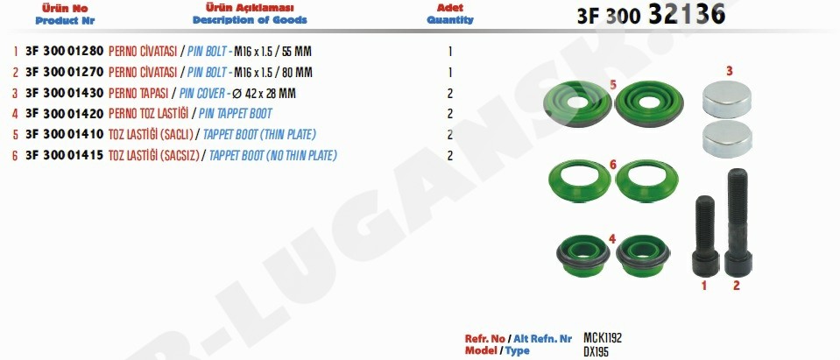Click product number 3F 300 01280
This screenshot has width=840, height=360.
pyautogui.click(x=64, y=52)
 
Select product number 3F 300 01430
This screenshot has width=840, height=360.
pyautogui.click(x=64, y=93)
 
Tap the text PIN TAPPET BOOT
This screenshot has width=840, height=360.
pyautogui.click(x=235, y=114)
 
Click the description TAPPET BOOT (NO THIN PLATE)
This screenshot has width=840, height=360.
pyautogui.click(x=272, y=156)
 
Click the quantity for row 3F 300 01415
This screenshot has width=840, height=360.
pyautogui.click(x=450, y=156)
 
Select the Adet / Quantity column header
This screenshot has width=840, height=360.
pyautogui.click(x=450, y=14)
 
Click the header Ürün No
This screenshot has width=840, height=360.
pyautogui.click(x=65, y=9)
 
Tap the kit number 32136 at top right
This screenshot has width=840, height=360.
pyautogui.click(x=687, y=13)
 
